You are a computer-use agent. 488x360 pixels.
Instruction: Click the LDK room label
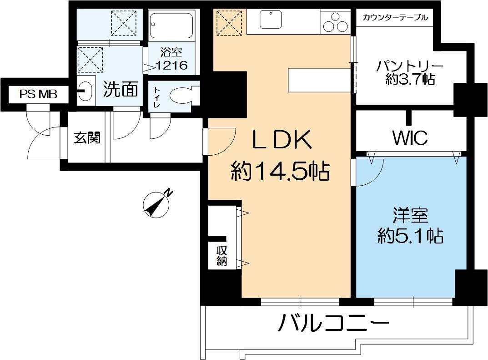click(x=282, y=141)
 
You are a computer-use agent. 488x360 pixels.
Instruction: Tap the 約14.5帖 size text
click(x=280, y=172)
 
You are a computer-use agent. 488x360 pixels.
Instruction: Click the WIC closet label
click(x=410, y=137)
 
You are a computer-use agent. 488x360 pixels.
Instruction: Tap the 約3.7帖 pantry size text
click(x=409, y=80)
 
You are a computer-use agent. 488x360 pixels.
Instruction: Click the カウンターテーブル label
click(x=395, y=18)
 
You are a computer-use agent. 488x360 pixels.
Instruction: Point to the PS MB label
click(x=38, y=94)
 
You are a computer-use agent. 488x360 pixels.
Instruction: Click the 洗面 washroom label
click(x=120, y=90)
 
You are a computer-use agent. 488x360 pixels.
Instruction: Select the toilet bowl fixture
click(x=181, y=96)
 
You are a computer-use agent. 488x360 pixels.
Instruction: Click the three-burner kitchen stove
click(x=335, y=21)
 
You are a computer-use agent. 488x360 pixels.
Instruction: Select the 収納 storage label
click(x=222, y=256)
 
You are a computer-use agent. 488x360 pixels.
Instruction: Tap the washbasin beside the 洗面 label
click(x=86, y=90)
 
